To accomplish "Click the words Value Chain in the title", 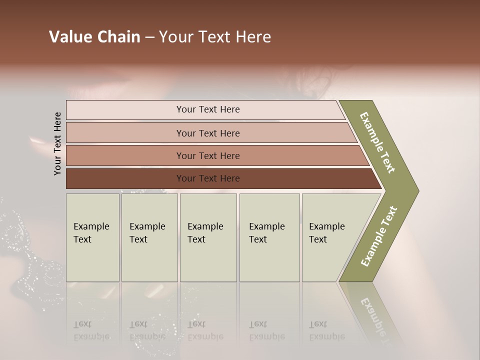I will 94,37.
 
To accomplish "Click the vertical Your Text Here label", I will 57,144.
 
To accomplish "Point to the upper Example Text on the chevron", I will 377,142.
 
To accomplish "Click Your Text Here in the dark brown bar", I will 208,178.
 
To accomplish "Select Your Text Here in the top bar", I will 208,109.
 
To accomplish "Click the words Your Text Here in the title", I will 215,37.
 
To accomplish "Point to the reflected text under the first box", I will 91,330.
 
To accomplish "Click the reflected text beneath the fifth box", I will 326,330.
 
